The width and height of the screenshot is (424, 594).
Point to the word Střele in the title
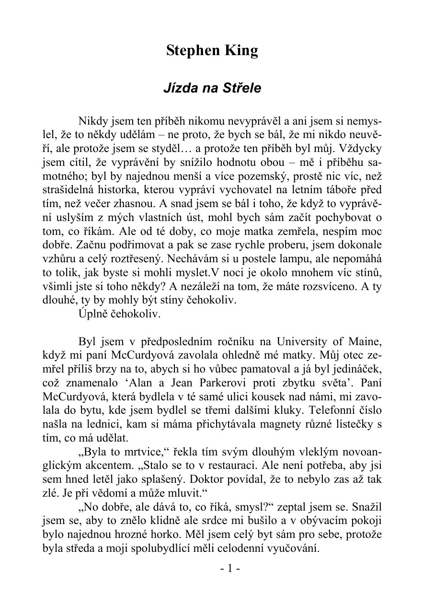[x=243, y=89]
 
